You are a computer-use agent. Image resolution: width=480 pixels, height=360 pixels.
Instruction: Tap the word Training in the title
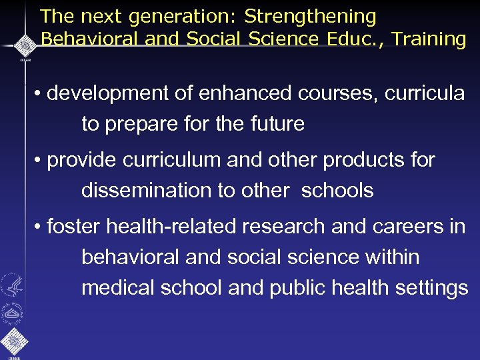(429, 39)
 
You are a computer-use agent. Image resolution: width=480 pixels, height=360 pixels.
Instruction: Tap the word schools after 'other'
(337, 190)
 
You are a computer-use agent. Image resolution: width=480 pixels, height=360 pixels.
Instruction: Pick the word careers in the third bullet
(399, 227)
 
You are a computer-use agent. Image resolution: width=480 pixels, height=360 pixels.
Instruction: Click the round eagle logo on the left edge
(12, 285)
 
